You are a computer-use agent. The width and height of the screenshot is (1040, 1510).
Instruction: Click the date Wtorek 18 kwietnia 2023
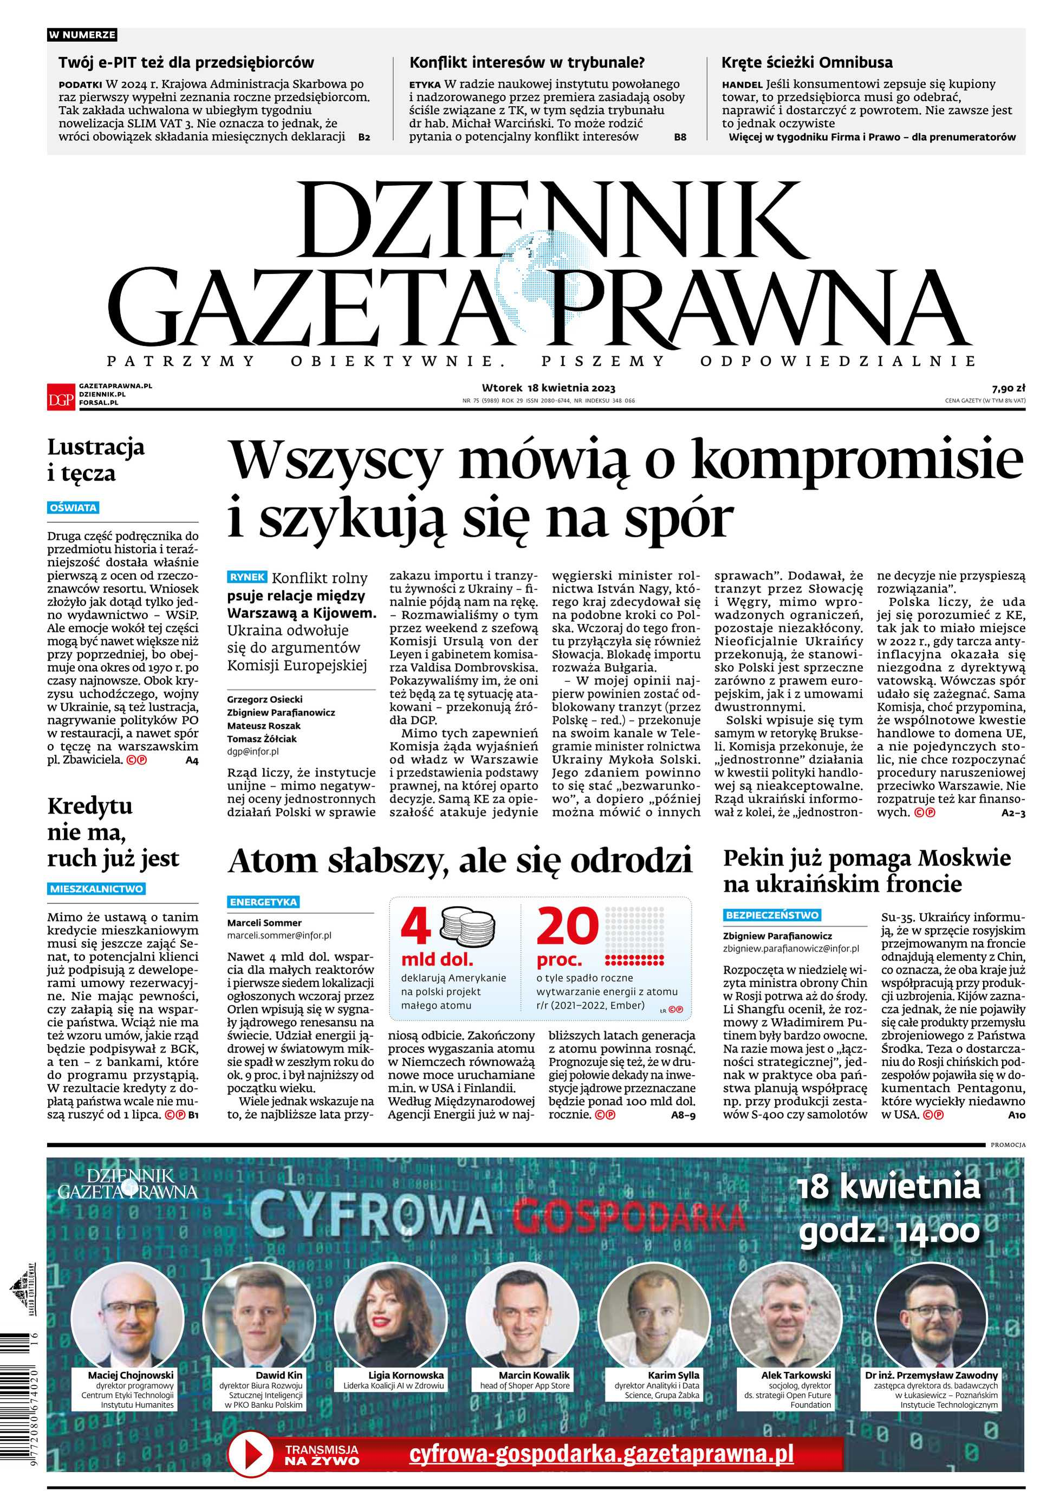[549, 388]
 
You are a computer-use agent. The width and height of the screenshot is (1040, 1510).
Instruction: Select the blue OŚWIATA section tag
[73, 507]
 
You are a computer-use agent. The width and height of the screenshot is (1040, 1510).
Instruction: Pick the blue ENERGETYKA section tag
[263, 902]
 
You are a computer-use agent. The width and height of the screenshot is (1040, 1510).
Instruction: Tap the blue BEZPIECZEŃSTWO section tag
[772, 915]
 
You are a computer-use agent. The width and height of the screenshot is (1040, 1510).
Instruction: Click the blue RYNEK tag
[247, 576]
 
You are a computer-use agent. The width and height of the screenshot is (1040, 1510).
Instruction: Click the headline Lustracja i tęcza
[96, 460]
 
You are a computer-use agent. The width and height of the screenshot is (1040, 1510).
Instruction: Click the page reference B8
[680, 137]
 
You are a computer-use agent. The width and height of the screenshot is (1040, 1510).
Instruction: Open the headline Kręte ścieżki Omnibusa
[807, 62]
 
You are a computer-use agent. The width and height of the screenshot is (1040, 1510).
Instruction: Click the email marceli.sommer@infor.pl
[279, 935]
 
